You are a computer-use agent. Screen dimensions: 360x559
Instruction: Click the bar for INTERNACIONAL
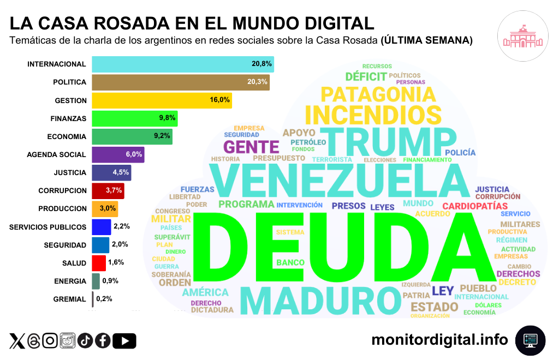click(x=182, y=64)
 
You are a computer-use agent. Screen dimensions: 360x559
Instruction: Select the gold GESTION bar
click(x=162, y=100)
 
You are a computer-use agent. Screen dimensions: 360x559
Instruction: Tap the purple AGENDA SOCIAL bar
click(x=118, y=154)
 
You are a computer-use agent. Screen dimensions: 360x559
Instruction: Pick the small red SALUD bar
click(x=99, y=263)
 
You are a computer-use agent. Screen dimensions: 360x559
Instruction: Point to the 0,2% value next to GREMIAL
click(x=104, y=299)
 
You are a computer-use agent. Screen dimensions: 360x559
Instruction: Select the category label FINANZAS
click(x=69, y=118)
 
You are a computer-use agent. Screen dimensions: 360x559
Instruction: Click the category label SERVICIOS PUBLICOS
click(x=48, y=227)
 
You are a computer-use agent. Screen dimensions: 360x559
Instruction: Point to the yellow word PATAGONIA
click(x=378, y=94)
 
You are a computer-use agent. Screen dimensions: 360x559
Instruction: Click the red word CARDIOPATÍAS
click(x=475, y=206)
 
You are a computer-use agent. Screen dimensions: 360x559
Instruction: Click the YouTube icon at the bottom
click(x=126, y=341)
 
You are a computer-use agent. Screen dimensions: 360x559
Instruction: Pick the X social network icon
click(x=17, y=341)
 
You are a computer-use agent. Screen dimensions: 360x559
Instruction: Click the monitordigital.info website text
click(x=439, y=340)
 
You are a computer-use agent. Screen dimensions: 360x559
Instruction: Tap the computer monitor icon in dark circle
click(x=531, y=340)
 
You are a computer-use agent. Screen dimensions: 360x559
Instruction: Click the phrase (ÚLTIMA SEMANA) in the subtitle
click(x=426, y=40)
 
